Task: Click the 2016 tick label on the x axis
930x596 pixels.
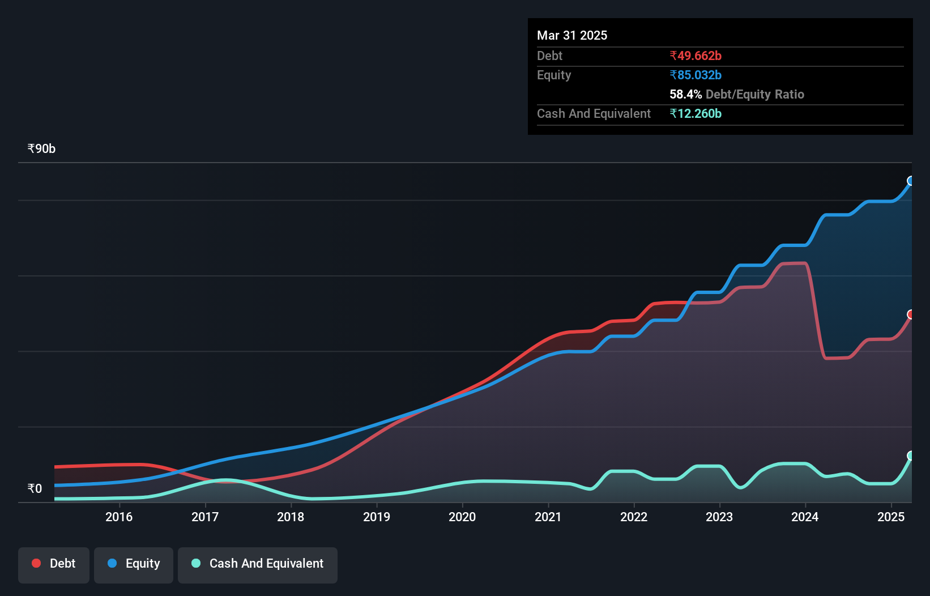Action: (x=119, y=517)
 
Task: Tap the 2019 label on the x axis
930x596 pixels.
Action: (x=377, y=517)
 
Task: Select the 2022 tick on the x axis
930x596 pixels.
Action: (x=634, y=517)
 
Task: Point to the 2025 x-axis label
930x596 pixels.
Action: (x=891, y=517)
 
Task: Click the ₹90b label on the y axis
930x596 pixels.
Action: (x=41, y=149)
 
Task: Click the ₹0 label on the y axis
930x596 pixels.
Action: (x=35, y=488)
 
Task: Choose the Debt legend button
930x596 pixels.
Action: (x=54, y=564)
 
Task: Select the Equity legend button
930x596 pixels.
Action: (x=134, y=564)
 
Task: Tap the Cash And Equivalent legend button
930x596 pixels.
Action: (x=258, y=564)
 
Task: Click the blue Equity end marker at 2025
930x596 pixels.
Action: (x=911, y=181)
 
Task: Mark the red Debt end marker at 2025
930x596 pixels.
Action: (x=911, y=314)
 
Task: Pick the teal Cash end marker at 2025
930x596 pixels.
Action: (x=911, y=455)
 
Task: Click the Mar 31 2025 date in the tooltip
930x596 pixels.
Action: (x=572, y=35)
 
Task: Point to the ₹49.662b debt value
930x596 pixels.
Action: (x=696, y=56)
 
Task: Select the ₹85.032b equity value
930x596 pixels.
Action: (x=696, y=75)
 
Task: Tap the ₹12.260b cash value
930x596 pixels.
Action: (x=696, y=113)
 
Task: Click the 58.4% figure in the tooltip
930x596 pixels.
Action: (x=685, y=94)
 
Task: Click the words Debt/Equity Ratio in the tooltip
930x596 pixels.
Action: (x=754, y=94)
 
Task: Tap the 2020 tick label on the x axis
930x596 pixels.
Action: (x=462, y=517)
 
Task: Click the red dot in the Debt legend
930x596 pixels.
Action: (x=36, y=563)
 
